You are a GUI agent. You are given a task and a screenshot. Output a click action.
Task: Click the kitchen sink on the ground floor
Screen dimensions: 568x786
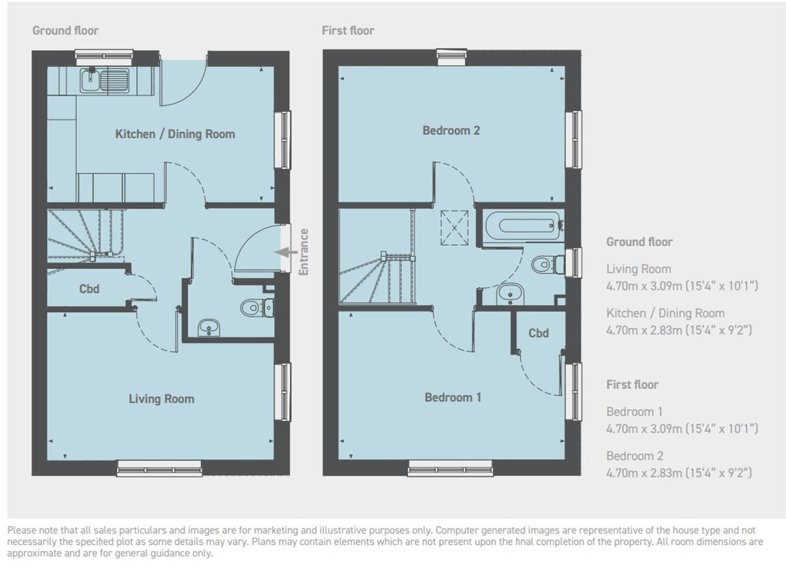click(x=104, y=80)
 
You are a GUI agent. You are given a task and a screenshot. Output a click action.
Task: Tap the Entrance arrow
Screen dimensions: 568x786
click(x=286, y=252)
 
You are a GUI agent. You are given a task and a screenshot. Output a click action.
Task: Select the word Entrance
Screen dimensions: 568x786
click(x=303, y=252)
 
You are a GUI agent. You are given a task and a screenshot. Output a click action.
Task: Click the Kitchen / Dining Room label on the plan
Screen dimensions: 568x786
click(x=175, y=134)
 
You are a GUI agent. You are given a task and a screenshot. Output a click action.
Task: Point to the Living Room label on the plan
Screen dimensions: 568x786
click(x=161, y=399)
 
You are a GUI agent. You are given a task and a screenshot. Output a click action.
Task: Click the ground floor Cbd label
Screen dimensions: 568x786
click(x=89, y=289)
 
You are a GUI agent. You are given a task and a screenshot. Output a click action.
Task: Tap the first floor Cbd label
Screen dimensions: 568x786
click(x=538, y=333)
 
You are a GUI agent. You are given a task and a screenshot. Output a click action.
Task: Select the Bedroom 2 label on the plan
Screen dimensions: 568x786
click(x=451, y=131)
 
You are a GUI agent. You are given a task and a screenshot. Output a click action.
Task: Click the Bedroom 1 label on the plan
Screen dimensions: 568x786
click(x=452, y=398)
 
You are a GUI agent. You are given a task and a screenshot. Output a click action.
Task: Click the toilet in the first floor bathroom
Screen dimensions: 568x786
click(x=547, y=264)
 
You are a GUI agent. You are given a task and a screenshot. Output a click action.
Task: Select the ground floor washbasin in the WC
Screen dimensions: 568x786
click(x=209, y=327)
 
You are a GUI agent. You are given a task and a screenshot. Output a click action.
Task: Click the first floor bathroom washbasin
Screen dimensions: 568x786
click(x=510, y=294)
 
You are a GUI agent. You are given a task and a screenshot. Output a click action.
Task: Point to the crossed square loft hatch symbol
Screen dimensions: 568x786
click(x=454, y=228)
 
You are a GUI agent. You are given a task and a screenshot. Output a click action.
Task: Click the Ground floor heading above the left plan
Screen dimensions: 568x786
click(x=65, y=31)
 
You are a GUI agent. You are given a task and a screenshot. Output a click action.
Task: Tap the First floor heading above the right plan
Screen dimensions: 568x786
click(x=348, y=31)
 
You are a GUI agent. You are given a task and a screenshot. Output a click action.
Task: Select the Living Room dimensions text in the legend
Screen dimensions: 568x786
click(x=681, y=286)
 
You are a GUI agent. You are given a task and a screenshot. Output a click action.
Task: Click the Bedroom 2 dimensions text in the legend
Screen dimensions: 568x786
click(x=679, y=473)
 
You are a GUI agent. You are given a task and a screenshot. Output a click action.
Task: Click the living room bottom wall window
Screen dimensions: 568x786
click(x=159, y=468)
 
